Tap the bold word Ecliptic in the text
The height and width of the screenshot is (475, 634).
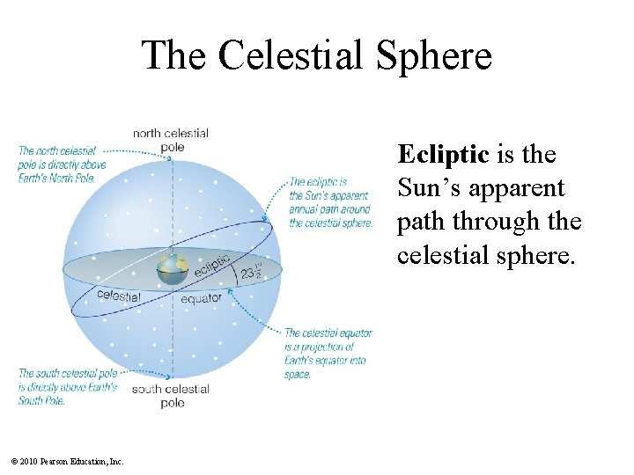click(x=442, y=155)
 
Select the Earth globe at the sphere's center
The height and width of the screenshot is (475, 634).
click(x=173, y=270)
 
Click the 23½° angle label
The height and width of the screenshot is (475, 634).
click(x=251, y=273)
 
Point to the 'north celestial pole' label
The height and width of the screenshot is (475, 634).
click(x=171, y=140)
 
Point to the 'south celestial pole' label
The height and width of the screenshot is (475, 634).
click(x=171, y=396)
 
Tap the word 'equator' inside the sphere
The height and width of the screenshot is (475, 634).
click(x=202, y=299)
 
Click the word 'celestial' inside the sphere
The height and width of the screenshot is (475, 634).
click(x=118, y=296)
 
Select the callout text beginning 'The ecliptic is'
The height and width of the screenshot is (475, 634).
click(x=330, y=202)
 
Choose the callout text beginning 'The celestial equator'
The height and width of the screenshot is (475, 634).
click(x=328, y=354)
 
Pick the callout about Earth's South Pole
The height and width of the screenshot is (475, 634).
click(x=67, y=387)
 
